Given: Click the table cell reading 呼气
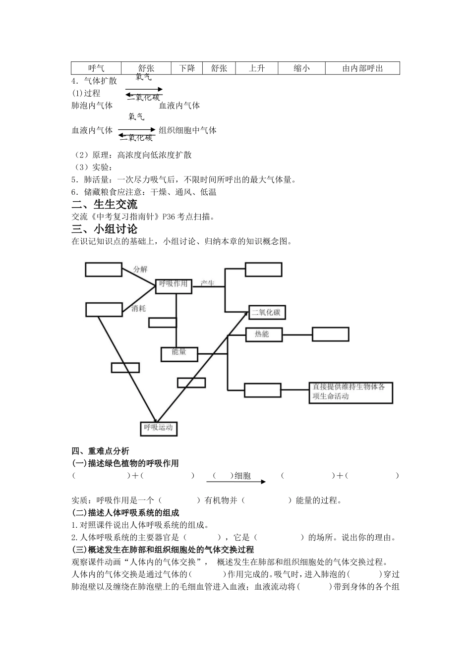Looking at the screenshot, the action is coord(96,68).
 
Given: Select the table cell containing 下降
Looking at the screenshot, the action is coord(187,68).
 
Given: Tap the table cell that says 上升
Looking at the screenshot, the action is coord(256,68).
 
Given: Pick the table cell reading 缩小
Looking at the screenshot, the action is coord(301,68).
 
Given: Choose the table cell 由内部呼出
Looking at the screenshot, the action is coord(362,68).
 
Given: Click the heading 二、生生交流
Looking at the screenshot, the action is coord(105,204).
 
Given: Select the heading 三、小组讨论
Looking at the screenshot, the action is coord(105,229).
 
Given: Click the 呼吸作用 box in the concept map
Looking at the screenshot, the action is coord(174,285).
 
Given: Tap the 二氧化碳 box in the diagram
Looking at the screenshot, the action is coord(267,313).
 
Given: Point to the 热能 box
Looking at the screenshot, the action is coord(263,334).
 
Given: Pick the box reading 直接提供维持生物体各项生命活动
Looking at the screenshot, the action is coord(351,392).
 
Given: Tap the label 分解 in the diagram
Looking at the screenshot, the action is coord(140,269).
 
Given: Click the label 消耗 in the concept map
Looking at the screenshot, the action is coord(139,308).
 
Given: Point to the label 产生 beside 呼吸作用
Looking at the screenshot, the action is coord(207,283).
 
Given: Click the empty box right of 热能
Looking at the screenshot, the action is coord(330,334).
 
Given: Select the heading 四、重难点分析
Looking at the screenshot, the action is coord(100,451).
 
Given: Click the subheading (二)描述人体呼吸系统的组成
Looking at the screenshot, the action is coord(125,513).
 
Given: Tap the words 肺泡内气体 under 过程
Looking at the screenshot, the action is coord(92,106).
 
